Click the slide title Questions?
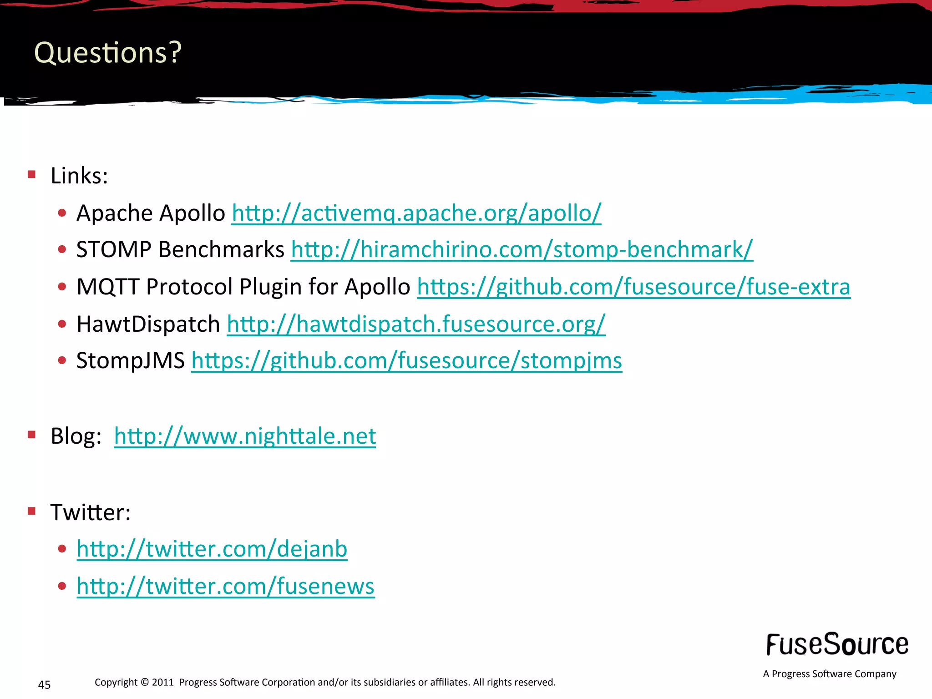[108, 52]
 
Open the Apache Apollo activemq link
[416, 213]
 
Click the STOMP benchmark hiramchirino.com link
[522, 250]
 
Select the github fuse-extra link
[633, 287]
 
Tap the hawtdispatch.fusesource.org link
[416, 324]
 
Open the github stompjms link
[406, 361]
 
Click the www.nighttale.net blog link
[245, 436]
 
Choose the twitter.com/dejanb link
[212, 549]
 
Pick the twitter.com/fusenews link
[226, 586]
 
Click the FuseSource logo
[837, 644]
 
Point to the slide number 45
[44, 684]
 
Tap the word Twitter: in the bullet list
[90, 512]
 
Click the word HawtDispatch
[148, 324]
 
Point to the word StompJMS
[131, 361]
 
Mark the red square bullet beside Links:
[31, 174]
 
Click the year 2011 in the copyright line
[163, 682]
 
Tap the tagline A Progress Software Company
[830, 674]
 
